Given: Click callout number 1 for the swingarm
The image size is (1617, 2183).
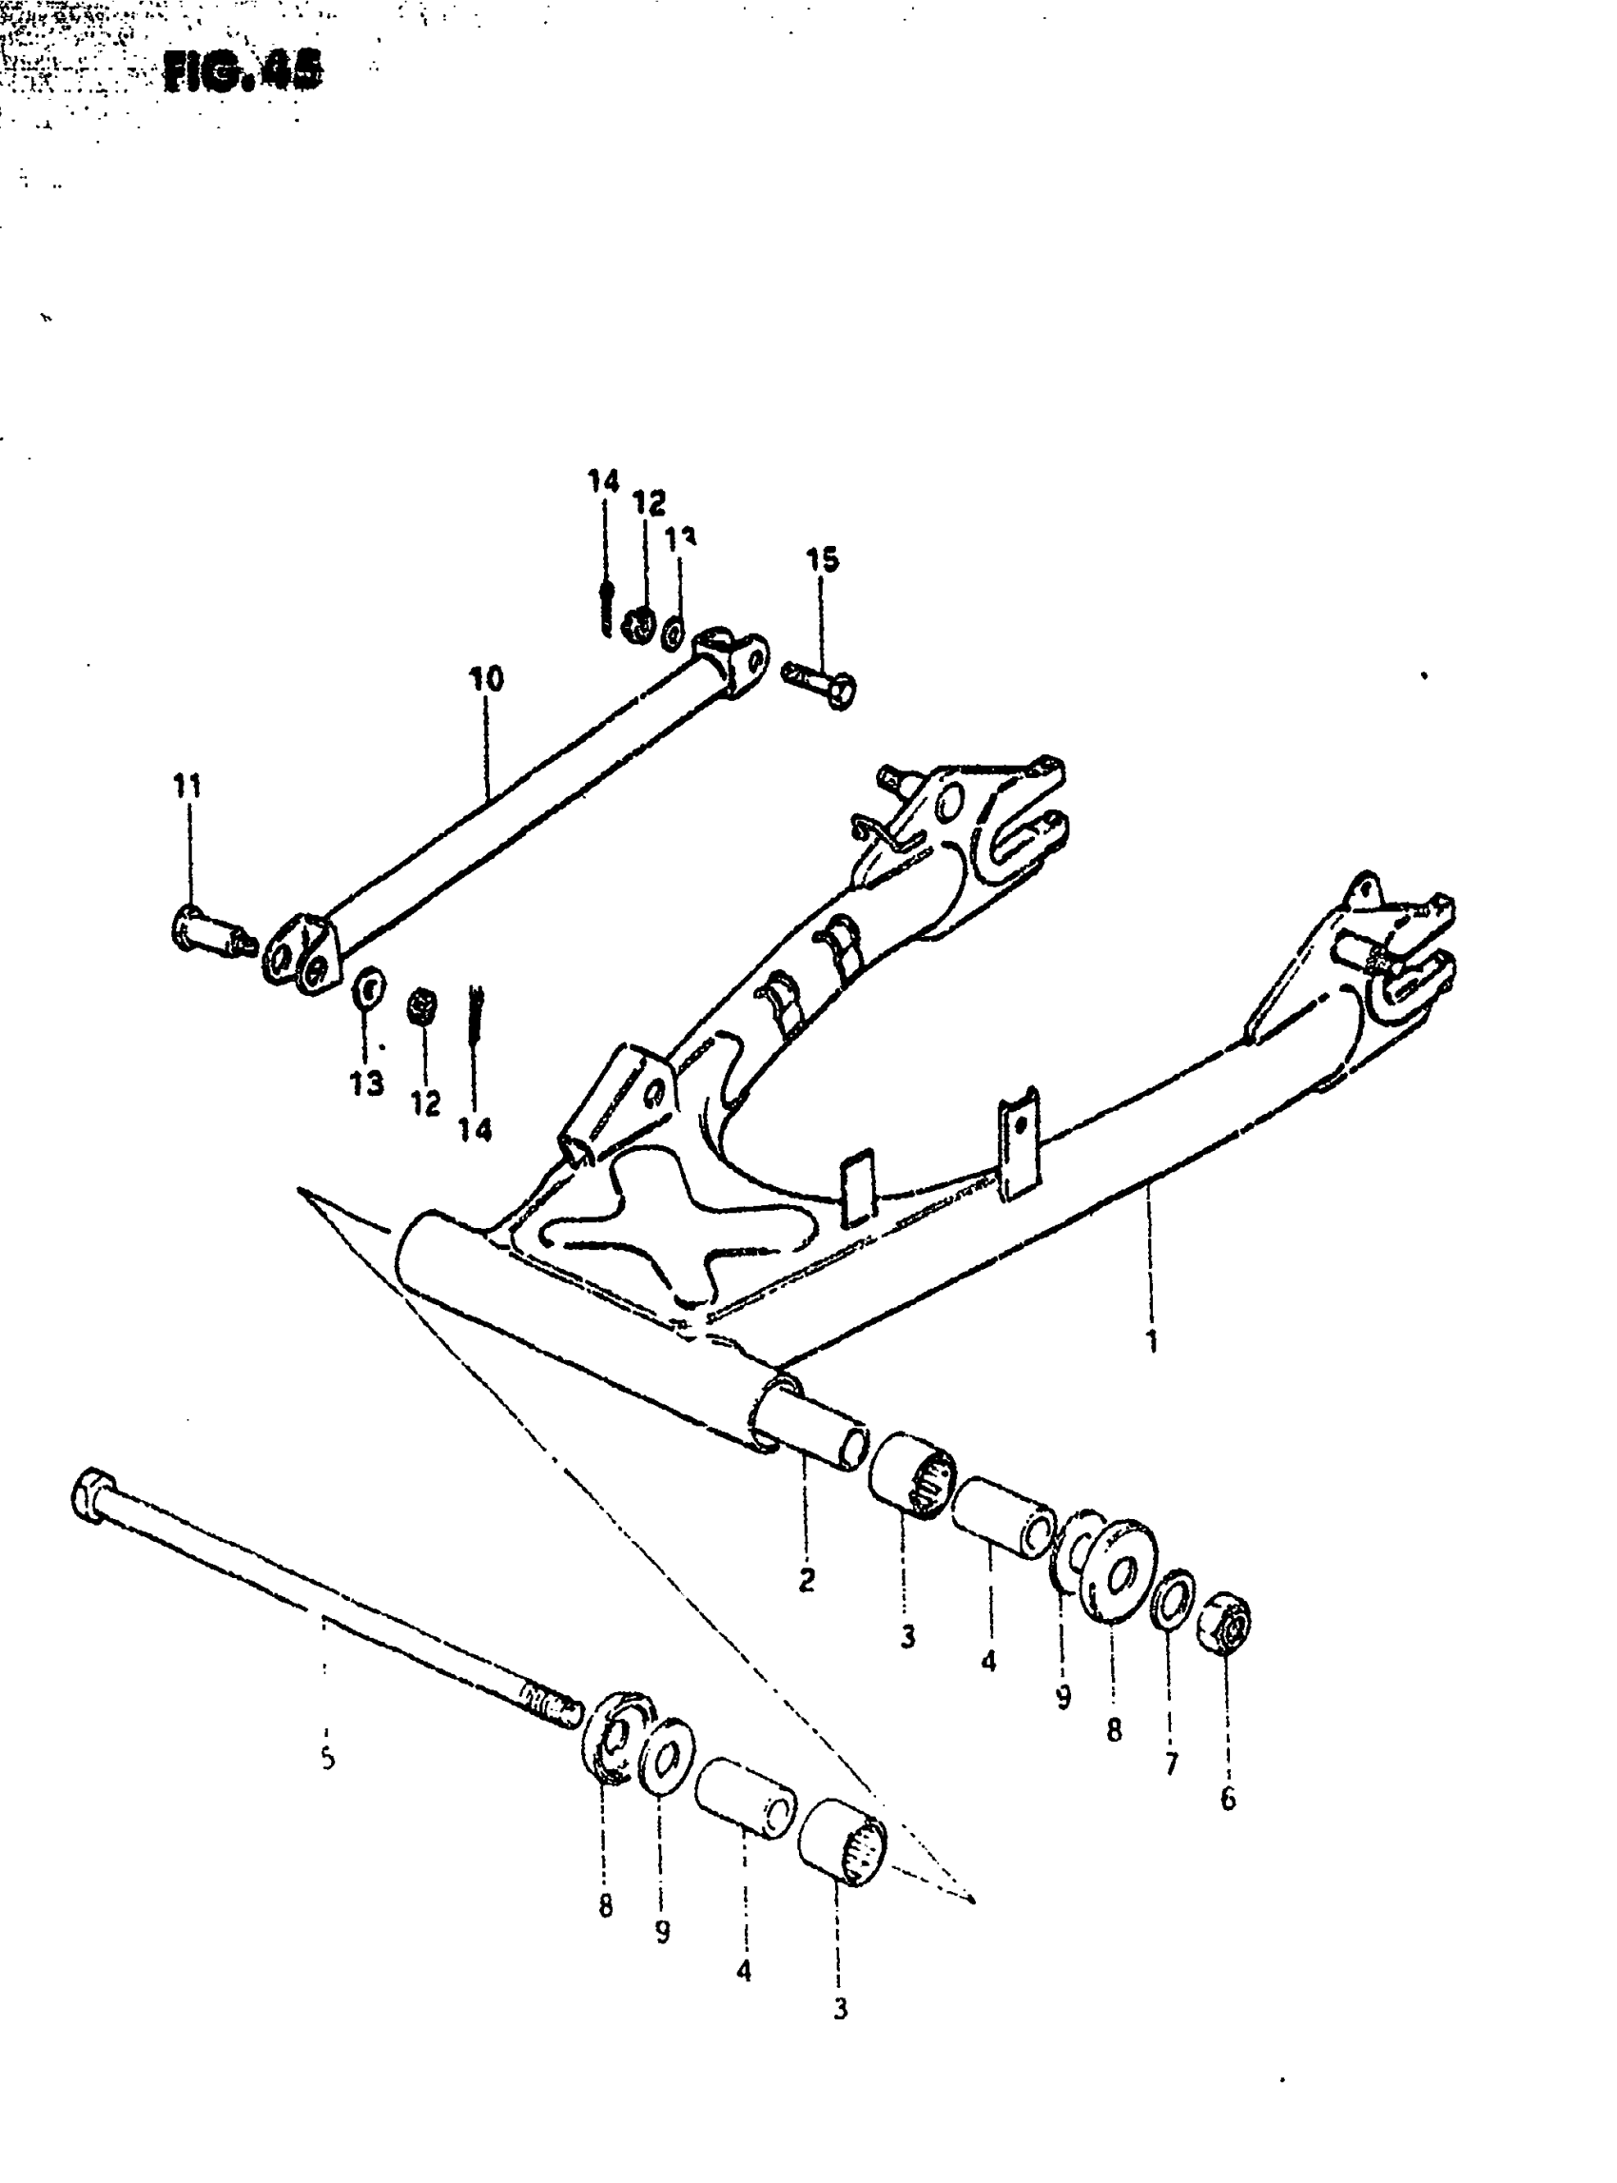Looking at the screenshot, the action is pyautogui.click(x=1152, y=1340).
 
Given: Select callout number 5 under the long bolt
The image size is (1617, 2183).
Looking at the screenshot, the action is pyautogui.click(x=328, y=1758).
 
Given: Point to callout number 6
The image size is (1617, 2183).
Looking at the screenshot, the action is pyautogui.click(x=1228, y=1799).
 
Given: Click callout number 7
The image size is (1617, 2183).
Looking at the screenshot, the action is pyautogui.click(x=1171, y=1763).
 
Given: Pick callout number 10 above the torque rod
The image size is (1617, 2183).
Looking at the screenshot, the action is pyautogui.click(x=486, y=678).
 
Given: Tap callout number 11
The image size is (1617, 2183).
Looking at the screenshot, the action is pyautogui.click(x=187, y=785).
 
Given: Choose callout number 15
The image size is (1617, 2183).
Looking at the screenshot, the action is pyautogui.click(x=822, y=560).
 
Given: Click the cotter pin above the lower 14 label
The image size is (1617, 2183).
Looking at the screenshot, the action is pyautogui.click(x=474, y=1017).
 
